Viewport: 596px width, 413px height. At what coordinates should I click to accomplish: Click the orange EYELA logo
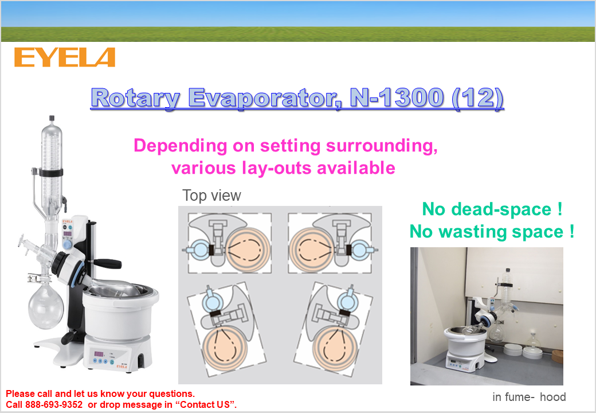65,57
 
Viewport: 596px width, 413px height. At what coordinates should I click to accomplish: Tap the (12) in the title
478,98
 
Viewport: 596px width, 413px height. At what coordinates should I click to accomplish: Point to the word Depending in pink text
181,146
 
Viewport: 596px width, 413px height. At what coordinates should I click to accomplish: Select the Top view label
211,196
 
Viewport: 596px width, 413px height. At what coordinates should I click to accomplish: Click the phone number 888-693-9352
54,404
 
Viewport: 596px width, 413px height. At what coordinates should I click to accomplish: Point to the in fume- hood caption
529,397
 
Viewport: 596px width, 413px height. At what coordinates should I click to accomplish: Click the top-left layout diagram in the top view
230,243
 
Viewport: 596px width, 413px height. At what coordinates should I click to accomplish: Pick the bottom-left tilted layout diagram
226,329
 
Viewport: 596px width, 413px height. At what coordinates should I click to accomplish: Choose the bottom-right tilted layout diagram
333,329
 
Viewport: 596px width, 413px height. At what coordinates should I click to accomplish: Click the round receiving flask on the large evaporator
46,307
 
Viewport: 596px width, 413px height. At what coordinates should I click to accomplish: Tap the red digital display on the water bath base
99,354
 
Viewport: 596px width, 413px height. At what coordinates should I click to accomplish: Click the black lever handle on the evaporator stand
107,263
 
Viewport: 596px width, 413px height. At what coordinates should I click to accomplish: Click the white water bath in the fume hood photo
465,344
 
